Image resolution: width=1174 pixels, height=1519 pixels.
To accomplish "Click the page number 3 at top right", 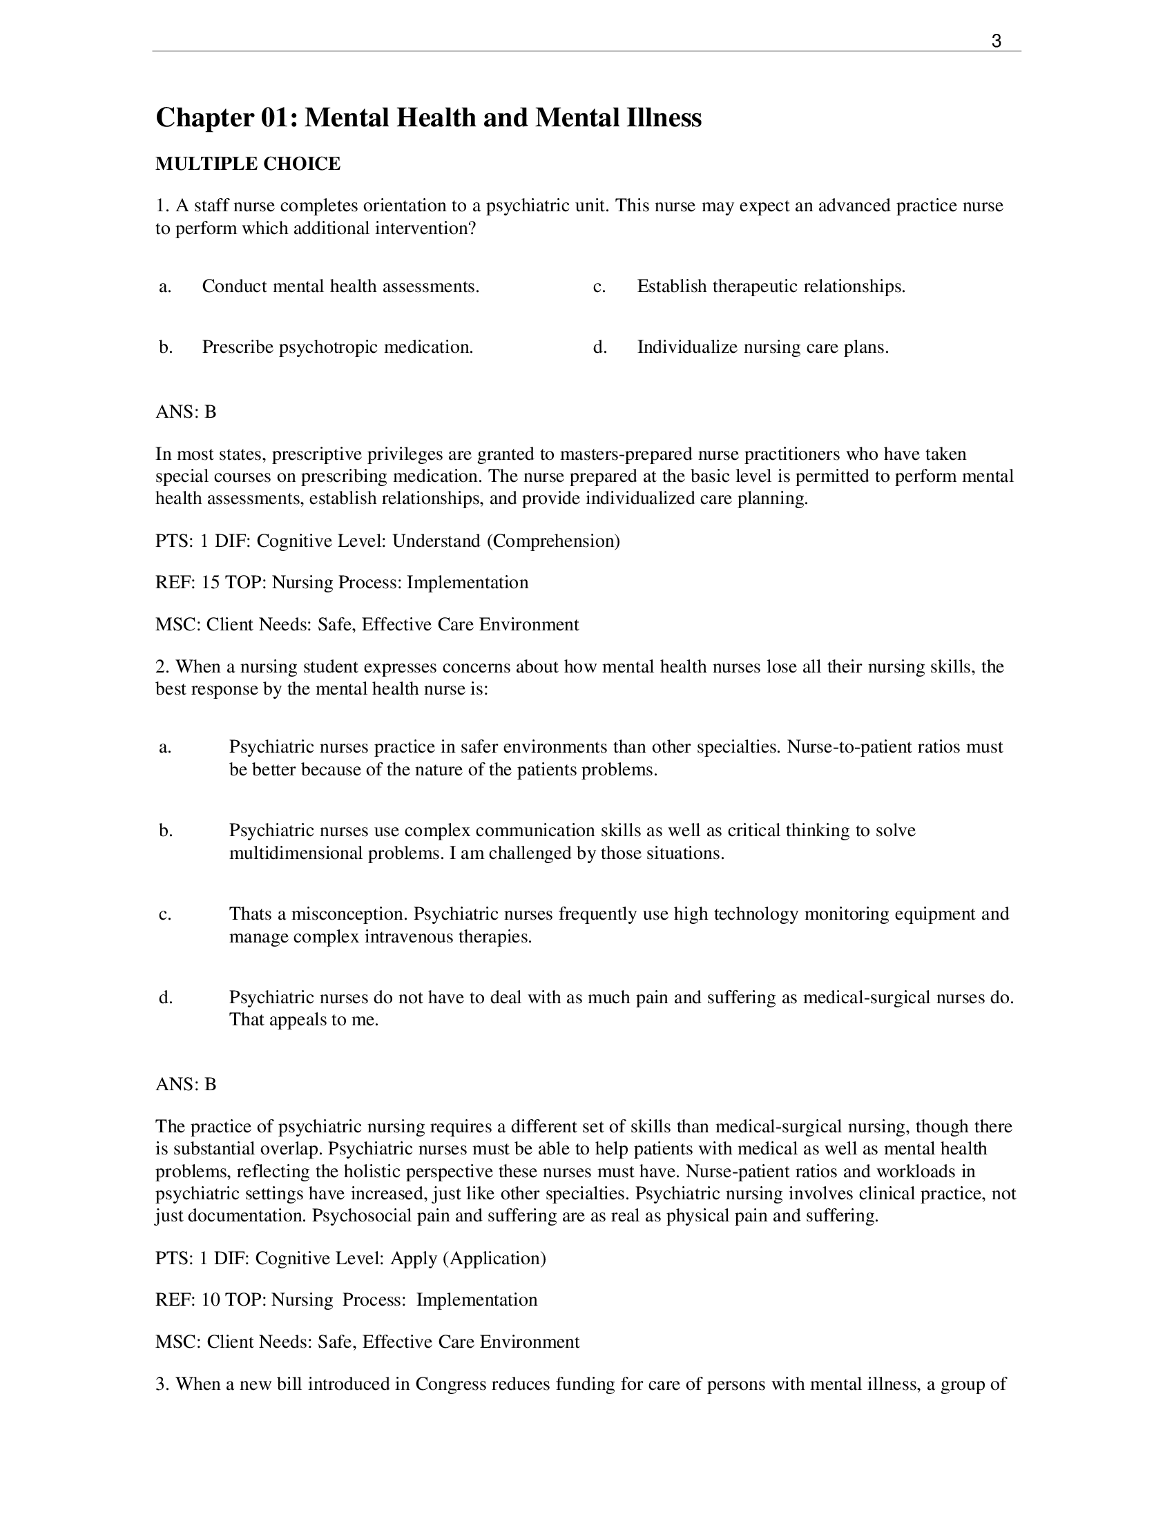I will pyautogui.click(x=996, y=41).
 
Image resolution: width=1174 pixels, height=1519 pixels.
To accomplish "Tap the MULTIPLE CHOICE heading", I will pyautogui.click(x=248, y=164).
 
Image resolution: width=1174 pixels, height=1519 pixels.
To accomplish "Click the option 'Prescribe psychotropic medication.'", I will pyautogui.click(x=337, y=347).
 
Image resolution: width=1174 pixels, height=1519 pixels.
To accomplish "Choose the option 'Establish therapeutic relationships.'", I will pyautogui.click(x=771, y=287).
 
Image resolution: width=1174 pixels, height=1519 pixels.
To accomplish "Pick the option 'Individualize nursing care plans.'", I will pyautogui.click(x=762, y=347).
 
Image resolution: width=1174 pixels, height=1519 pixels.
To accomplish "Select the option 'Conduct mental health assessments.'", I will pyautogui.click(x=340, y=287).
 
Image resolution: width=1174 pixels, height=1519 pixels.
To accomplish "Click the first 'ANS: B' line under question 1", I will pyautogui.click(x=186, y=412).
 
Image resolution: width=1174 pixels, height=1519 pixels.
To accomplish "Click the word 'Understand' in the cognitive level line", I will pyautogui.click(x=435, y=541).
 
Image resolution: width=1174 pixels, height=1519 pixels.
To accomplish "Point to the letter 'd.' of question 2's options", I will pyautogui.click(x=166, y=998).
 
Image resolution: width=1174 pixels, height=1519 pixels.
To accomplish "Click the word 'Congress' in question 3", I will pyautogui.click(x=450, y=1384).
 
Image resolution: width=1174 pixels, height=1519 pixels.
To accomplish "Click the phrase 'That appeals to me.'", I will pyautogui.click(x=304, y=1020).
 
